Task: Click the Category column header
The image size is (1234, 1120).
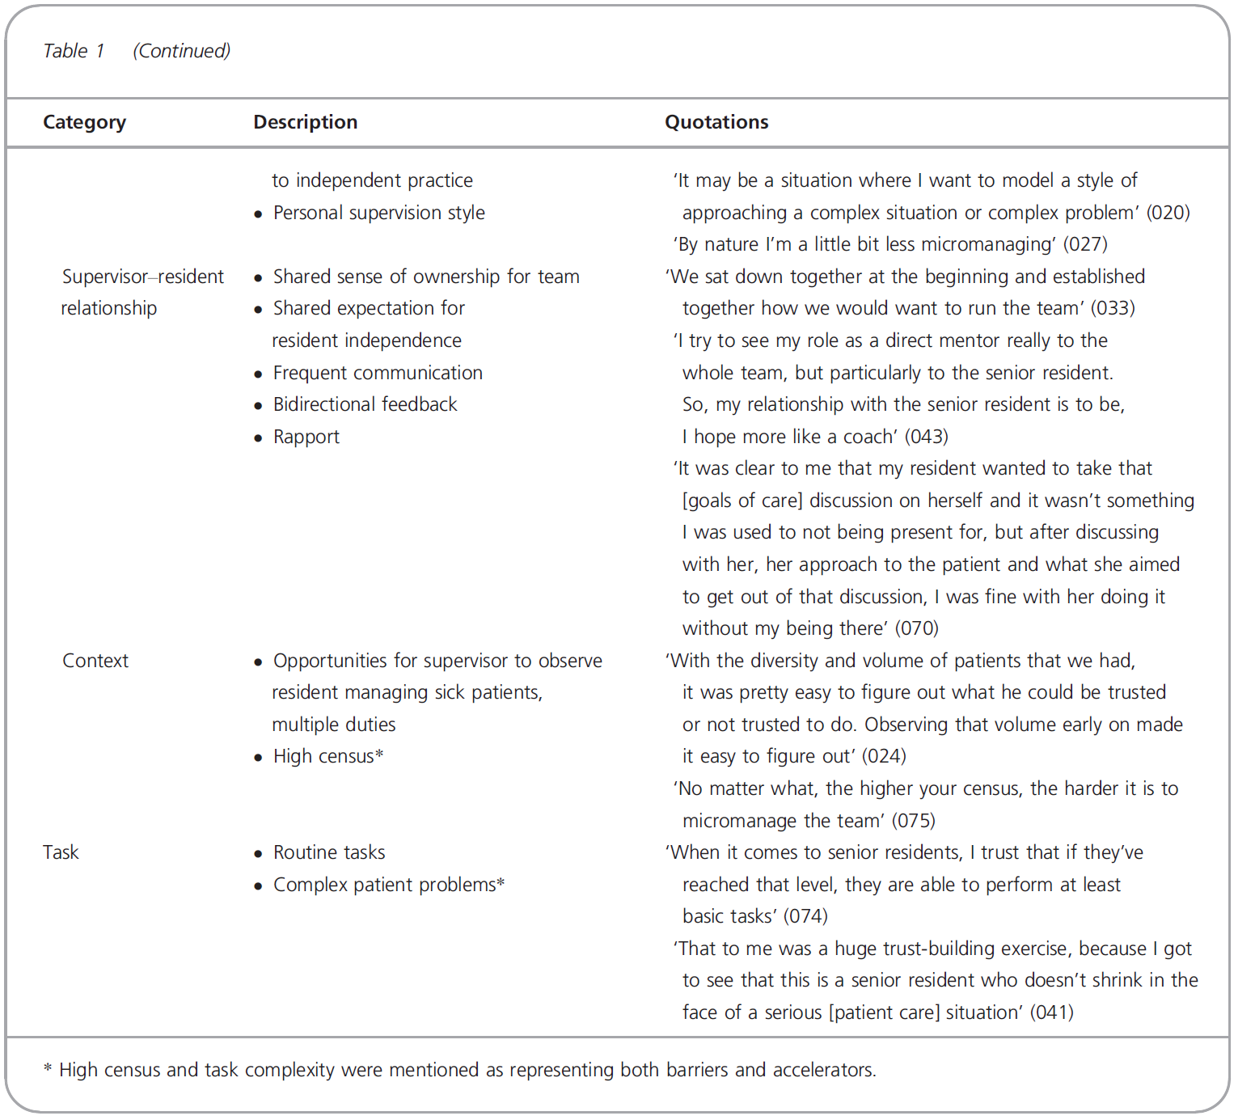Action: (84, 122)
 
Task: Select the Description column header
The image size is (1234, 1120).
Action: (305, 122)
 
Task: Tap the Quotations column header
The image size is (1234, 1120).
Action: (716, 122)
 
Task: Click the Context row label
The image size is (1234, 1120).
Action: (95, 661)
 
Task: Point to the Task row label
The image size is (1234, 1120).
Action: (61, 852)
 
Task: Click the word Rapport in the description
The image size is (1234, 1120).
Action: (306, 437)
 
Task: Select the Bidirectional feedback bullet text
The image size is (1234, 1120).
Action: (365, 404)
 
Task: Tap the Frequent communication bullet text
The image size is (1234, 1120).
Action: (377, 373)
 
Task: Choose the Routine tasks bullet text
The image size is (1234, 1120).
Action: (328, 852)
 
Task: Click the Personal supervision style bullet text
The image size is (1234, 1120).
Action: (378, 213)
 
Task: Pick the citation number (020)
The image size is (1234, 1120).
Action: (1168, 213)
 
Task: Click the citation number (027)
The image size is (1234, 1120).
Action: (1085, 244)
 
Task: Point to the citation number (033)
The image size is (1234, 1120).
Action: (1113, 308)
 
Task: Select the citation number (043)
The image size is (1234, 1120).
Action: (926, 437)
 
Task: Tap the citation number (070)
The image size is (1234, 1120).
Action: (916, 628)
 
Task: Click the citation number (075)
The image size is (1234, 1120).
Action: (913, 821)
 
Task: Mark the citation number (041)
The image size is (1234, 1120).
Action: (1051, 1012)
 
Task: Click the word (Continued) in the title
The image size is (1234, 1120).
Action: (181, 51)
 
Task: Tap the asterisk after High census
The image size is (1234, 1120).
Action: (379, 754)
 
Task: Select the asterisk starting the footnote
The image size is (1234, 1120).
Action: (48, 1069)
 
